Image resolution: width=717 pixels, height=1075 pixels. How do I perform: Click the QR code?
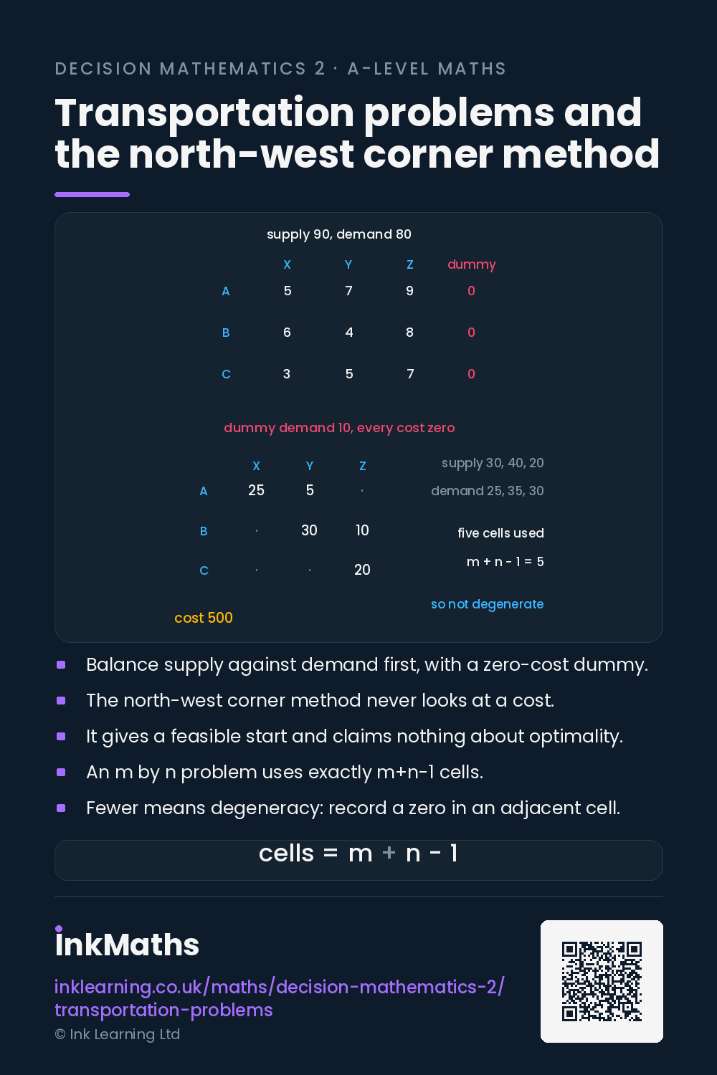coord(602,981)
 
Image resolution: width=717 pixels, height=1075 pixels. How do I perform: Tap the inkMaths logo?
coord(127,942)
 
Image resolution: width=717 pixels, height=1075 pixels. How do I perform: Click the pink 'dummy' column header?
coord(471,265)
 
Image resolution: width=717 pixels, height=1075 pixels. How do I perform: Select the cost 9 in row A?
coord(409,291)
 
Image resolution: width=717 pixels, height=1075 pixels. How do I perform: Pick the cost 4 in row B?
coord(349,332)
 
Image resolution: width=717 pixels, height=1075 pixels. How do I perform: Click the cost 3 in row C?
coord(287,374)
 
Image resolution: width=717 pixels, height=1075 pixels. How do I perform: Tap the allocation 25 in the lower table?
coord(256,490)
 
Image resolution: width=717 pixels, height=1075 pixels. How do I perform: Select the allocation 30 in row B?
coord(309,530)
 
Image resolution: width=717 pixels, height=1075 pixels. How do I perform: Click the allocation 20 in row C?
coord(362,570)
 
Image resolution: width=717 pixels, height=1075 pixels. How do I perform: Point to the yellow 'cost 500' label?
coord(204,618)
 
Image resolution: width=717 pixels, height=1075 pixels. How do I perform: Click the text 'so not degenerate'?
coord(487,604)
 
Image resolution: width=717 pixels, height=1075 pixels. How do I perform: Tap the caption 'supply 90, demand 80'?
coord(339,234)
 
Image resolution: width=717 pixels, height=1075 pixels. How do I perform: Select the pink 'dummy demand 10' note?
coord(339,428)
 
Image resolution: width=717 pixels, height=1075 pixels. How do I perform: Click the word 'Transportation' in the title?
coord(204,113)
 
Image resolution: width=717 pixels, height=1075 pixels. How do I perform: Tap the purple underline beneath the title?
coord(92,194)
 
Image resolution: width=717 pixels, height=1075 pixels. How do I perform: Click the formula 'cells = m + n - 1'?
coord(358,854)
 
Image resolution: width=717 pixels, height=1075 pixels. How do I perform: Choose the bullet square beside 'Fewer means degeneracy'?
coord(61,808)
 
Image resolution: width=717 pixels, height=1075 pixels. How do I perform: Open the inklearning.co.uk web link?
coord(280,998)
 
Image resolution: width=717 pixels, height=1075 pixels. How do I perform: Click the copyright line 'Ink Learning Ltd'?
coord(118,1034)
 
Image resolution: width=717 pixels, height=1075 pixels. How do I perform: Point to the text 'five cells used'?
coord(500,533)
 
